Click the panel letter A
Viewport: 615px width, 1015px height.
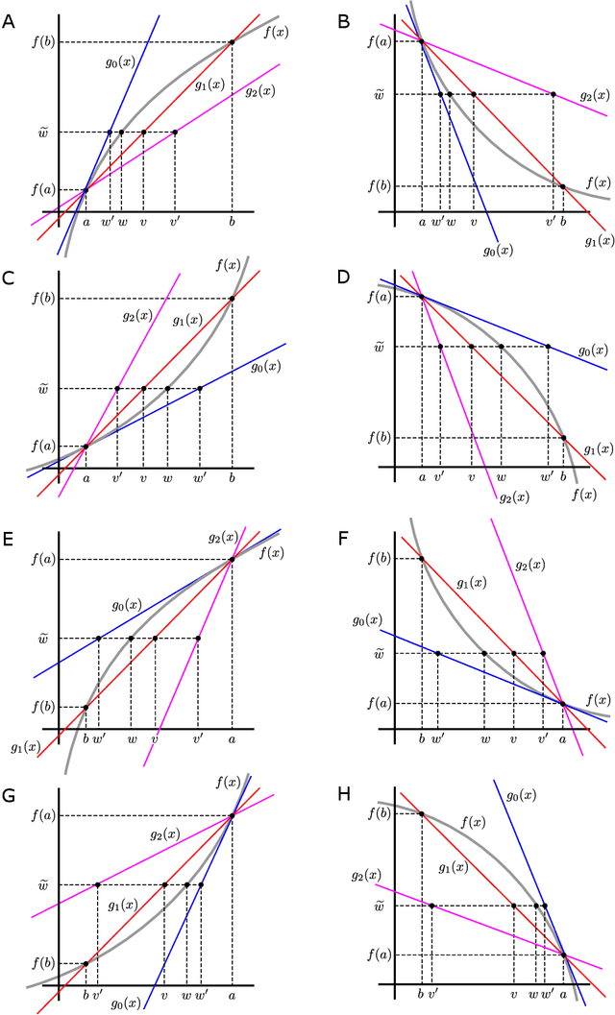9,16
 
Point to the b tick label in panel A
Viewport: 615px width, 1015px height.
232,224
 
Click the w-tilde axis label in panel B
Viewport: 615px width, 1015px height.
380,94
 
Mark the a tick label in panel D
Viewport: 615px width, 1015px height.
422,477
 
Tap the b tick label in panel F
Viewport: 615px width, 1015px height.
422,739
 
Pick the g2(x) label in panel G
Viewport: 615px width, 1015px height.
166,834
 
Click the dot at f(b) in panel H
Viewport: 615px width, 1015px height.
422,814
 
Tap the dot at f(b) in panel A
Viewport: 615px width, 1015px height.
232,41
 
